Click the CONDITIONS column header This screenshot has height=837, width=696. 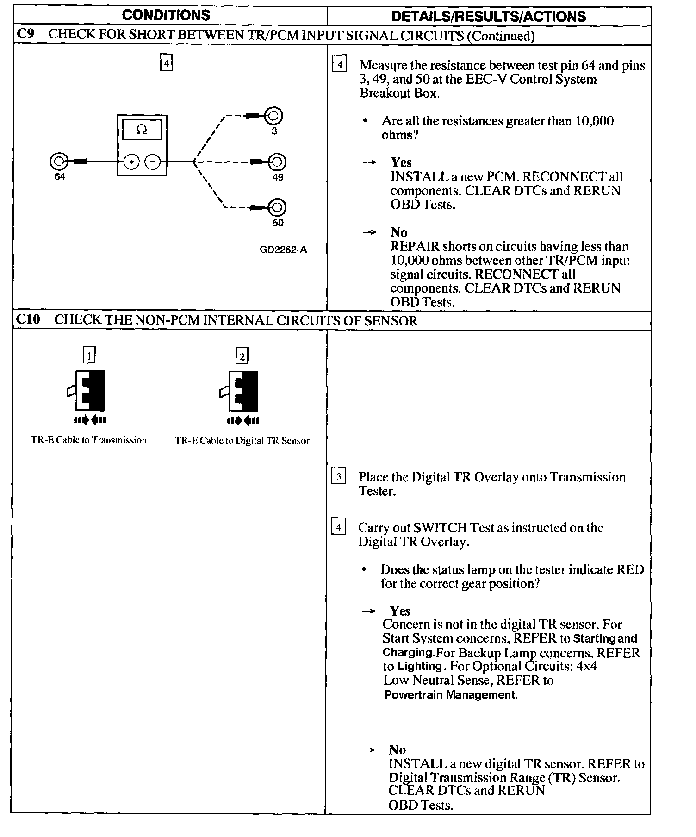click(x=166, y=15)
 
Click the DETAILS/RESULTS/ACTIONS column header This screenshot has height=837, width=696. click(x=488, y=17)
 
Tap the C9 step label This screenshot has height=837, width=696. click(x=26, y=35)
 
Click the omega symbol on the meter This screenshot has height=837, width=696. click(x=142, y=130)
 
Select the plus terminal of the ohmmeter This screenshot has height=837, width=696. click(x=131, y=162)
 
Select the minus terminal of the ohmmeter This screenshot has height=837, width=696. click(x=152, y=162)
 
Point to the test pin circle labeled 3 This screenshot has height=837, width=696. click(x=273, y=115)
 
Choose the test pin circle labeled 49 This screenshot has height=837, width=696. click(x=277, y=162)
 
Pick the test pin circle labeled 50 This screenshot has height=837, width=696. click(x=277, y=207)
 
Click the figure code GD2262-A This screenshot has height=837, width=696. click(x=283, y=250)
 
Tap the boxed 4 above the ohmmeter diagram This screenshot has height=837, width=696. click(x=166, y=62)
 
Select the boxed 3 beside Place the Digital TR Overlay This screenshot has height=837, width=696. click(x=339, y=476)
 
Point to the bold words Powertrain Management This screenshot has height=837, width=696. click(x=450, y=695)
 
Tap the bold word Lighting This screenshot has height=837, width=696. click(x=420, y=666)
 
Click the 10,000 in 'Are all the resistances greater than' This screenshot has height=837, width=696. click(x=595, y=121)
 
